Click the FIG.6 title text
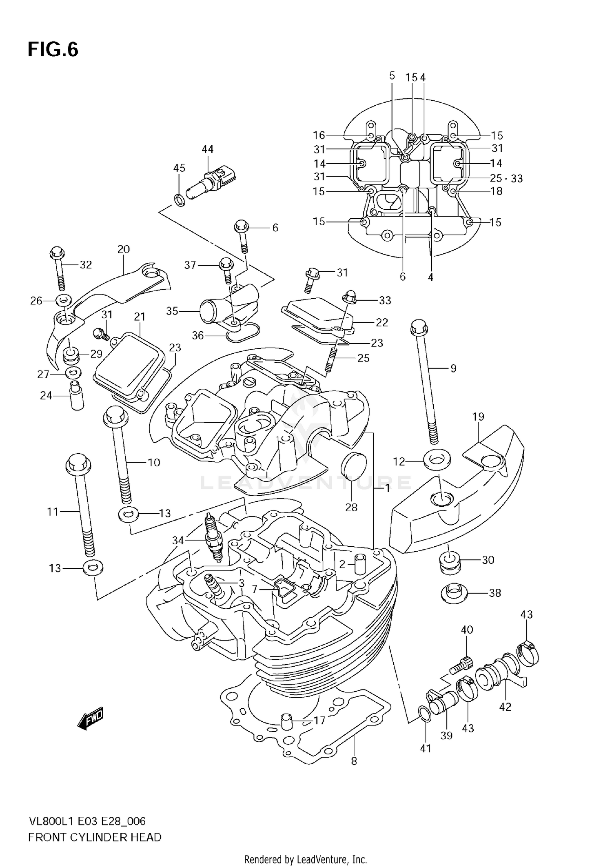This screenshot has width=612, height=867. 53,50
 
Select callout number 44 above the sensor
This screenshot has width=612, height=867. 207,149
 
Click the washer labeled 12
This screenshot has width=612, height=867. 437,461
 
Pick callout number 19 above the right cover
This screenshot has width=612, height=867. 478,417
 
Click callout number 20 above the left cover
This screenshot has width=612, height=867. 123,249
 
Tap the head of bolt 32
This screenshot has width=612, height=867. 57,253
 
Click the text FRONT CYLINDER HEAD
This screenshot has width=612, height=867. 95,838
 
